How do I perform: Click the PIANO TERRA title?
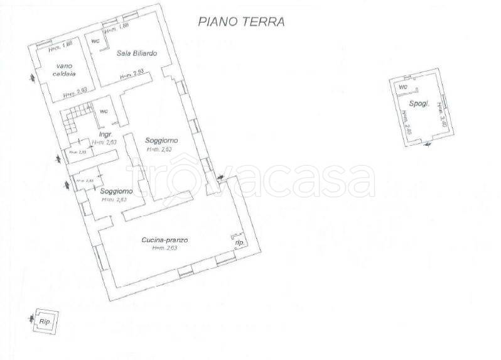(242, 21)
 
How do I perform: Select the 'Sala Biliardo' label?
(136, 53)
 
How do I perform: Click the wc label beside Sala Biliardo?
(95, 41)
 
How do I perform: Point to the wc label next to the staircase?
(104, 111)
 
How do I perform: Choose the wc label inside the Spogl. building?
(404, 86)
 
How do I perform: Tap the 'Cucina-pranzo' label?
(165, 240)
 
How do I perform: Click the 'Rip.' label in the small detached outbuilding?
(45, 321)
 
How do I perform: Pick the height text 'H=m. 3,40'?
(442, 116)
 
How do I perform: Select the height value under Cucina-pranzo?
(165, 248)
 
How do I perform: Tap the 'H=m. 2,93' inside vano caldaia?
(75, 93)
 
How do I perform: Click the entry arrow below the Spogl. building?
(428, 146)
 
